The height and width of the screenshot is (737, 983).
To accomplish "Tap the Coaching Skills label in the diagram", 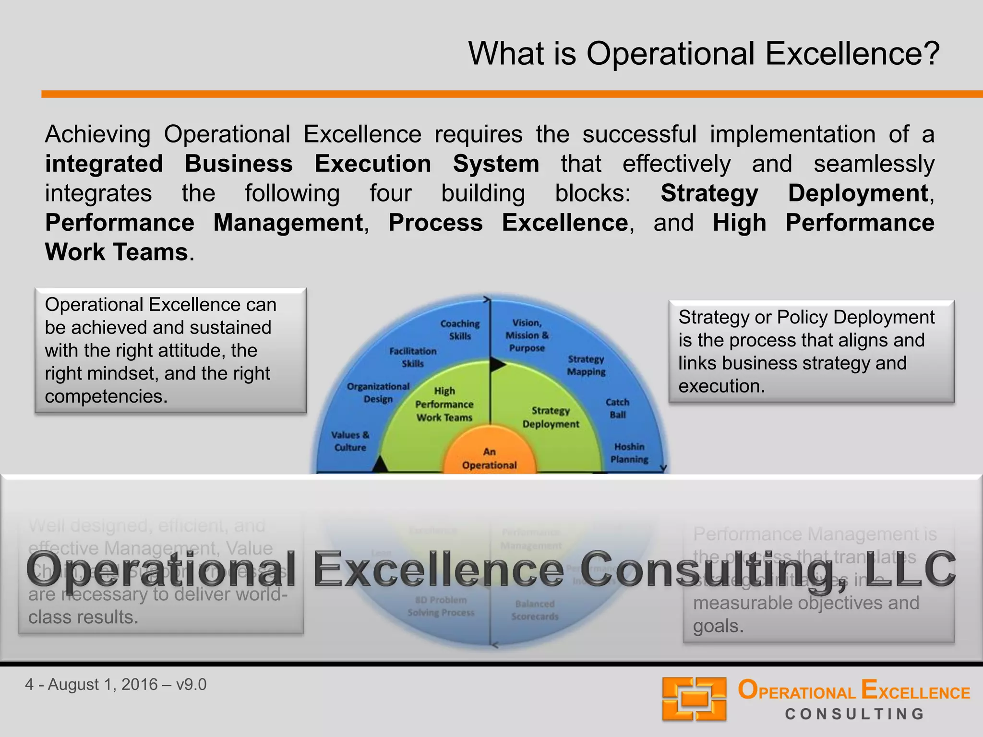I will pyautogui.click(x=460, y=330).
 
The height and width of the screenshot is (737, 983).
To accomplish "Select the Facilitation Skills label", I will pyautogui.click(x=413, y=357).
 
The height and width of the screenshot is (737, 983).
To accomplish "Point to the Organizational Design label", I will pyautogui.click(x=378, y=393).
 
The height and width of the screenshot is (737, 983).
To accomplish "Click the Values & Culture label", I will pyautogui.click(x=350, y=441).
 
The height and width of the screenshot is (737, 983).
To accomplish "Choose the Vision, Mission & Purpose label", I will pyautogui.click(x=527, y=335).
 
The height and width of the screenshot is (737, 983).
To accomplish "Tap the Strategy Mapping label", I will pyautogui.click(x=586, y=365).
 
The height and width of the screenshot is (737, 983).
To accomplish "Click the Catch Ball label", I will pyautogui.click(x=617, y=408).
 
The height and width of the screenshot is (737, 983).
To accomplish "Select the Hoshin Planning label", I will pyautogui.click(x=629, y=453).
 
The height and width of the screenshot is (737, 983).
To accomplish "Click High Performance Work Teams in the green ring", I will pyautogui.click(x=444, y=404).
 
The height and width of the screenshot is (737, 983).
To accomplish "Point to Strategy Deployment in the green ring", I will pyautogui.click(x=551, y=417).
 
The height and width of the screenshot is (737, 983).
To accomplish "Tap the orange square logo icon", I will pyautogui.click(x=694, y=699).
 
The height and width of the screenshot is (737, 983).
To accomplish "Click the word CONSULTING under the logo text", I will pyautogui.click(x=854, y=714).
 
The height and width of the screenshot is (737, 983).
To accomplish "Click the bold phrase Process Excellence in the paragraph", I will pyautogui.click(x=508, y=223).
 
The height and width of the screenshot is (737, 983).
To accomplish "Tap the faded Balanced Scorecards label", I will pyautogui.click(x=535, y=610).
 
